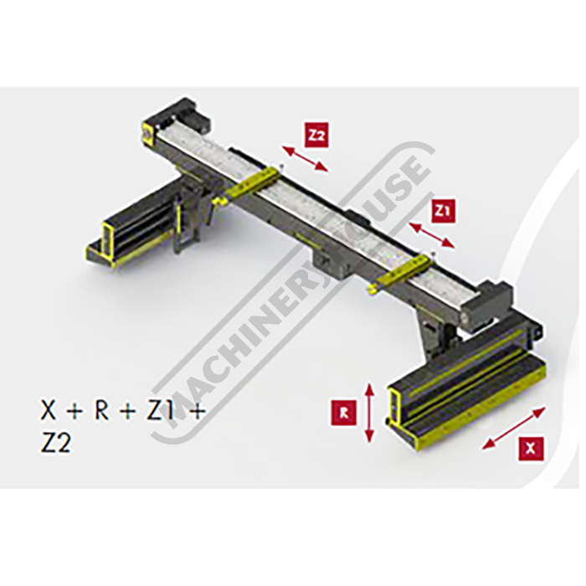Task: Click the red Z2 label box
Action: (x=317, y=136)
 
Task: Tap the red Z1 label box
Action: (x=443, y=213)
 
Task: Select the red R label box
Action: (x=344, y=412)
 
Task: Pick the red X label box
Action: (x=531, y=448)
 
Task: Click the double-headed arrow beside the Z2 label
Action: (x=305, y=159)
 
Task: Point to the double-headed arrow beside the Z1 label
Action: (x=432, y=235)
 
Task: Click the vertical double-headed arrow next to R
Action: (x=369, y=412)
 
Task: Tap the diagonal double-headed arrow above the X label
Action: (x=513, y=428)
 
